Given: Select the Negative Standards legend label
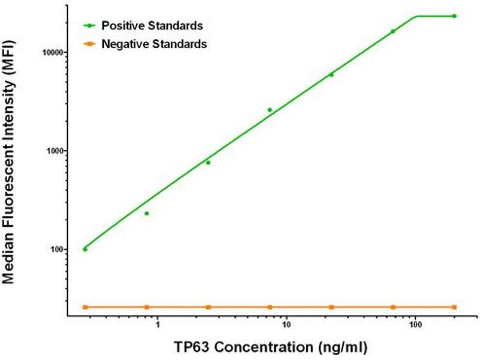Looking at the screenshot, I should tap(154, 44).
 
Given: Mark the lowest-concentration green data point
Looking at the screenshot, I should tap(85, 249).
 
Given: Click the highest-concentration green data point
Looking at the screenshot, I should tap(454, 16).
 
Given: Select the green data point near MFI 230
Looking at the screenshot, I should tap(146, 213).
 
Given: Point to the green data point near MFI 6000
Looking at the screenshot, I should tap(331, 74).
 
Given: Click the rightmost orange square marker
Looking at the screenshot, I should tap(454, 307).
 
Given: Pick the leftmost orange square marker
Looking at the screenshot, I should tap(85, 307).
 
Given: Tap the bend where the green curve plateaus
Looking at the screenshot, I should tap(417, 16).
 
